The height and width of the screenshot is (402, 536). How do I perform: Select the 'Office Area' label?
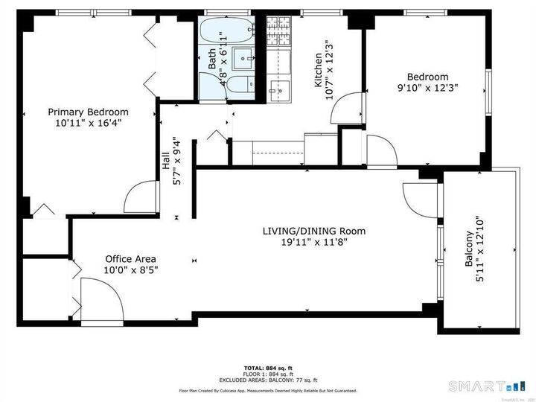[130, 259]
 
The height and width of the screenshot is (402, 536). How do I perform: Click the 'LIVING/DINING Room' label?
[313, 231]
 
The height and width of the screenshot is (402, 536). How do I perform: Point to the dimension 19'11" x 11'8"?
[313, 242]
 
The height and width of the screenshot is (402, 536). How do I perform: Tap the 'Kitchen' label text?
[318, 71]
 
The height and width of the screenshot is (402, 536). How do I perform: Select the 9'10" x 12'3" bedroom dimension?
[427, 88]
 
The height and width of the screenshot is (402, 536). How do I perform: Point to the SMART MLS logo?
[485, 386]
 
